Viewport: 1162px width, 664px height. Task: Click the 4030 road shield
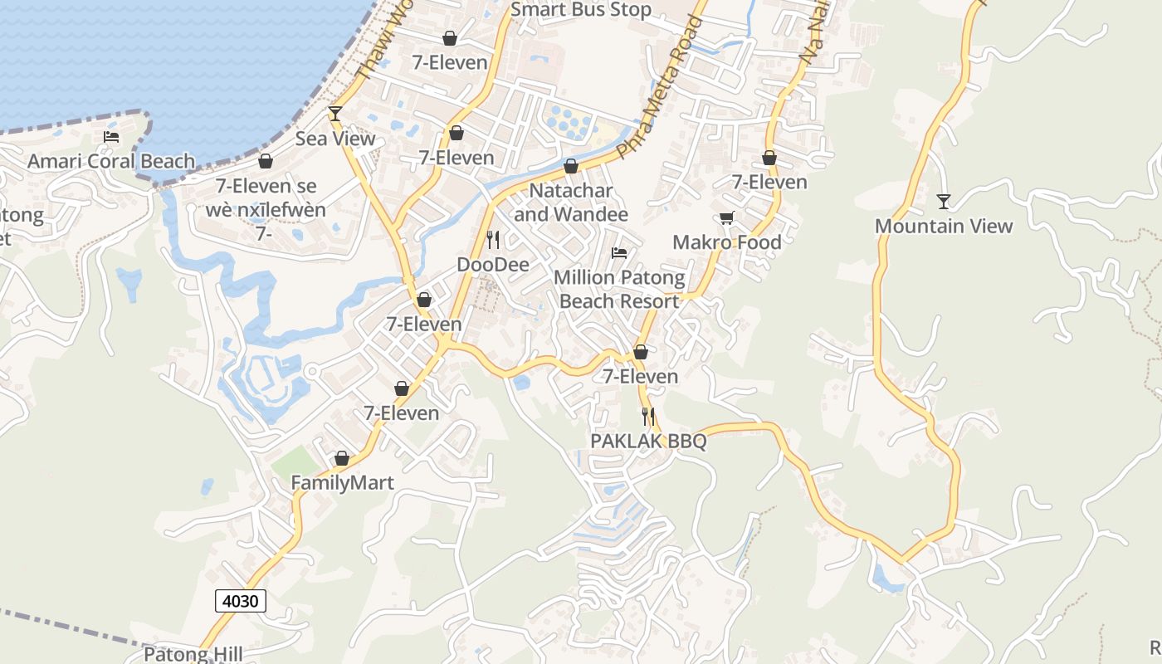[x=241, y=601]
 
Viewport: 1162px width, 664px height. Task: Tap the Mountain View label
[x=944, y=226]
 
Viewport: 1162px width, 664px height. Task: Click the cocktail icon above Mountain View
[x=944, y=201]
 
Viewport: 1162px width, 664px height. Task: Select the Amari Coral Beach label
[x=111, y=161]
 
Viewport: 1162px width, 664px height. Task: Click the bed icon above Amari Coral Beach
[x=111, y=137]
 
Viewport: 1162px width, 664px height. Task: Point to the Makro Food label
[x=727, y=242]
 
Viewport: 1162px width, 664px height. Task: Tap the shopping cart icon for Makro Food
[x=727, y=217]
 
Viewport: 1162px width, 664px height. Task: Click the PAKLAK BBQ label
[x=648, y=441]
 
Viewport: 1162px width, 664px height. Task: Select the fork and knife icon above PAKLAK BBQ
[x=648, y=416]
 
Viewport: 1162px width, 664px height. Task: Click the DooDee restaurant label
[x=493, y=265]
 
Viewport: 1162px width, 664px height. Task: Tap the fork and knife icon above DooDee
[x=493, y=240]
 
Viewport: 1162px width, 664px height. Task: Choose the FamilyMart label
[x=342, y=482]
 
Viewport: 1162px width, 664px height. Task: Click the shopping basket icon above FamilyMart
[x=342, y=458]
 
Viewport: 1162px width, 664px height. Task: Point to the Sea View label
[x=335, y=139]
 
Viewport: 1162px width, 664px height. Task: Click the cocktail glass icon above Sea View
[x=335, y=114]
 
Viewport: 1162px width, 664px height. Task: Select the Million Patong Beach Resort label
[x=619, y=289]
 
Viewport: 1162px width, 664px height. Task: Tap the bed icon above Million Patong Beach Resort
[x=619, y=253]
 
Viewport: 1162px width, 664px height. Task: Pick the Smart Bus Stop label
[x=581, y=10]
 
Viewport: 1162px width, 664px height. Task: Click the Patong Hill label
[x=193, y=654]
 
